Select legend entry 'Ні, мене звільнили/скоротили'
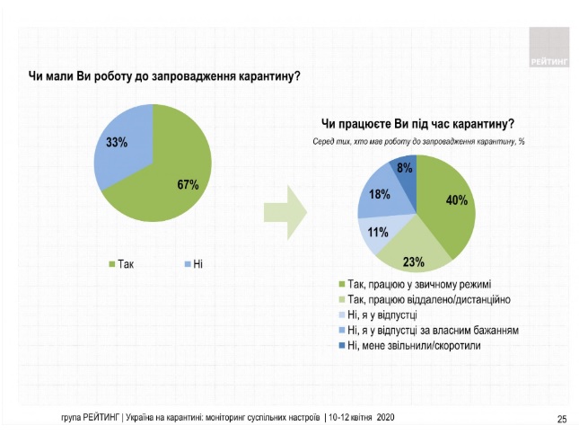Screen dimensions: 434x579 point(418,346)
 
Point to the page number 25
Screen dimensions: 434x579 point(562,419)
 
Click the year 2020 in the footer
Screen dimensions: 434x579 point(383,419)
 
